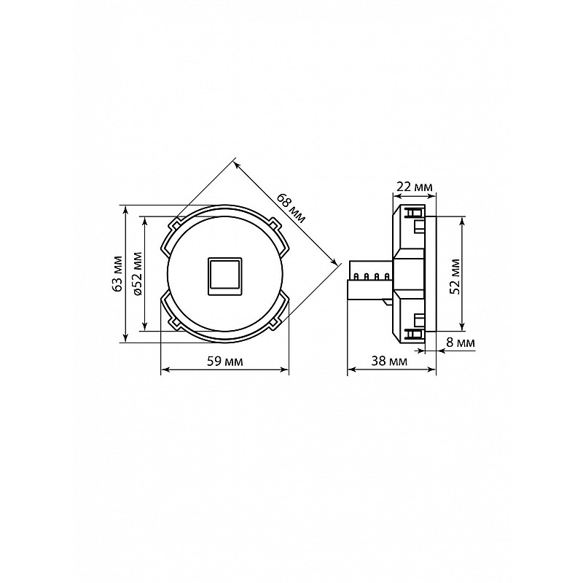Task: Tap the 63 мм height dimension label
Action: tap(118, 273)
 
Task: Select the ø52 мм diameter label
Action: tap(137, 274)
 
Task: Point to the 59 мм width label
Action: tap(224, 361)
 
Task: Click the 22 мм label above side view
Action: tap(414, 187)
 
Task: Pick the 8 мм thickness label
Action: tap(461, 343)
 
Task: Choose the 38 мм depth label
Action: tap(389, 361)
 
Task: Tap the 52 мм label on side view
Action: tap(454, 276)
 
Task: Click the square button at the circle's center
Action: tap(224, 277)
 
